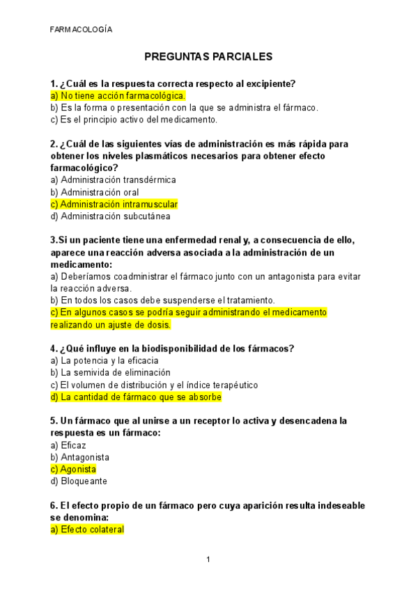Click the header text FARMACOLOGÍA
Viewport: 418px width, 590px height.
(81, 29)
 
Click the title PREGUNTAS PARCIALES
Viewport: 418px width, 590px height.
(208, 56)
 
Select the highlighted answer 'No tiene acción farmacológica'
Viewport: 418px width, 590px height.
(118, 96)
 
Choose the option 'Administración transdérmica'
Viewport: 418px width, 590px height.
(113, 180)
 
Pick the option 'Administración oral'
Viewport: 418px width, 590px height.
(94, 192)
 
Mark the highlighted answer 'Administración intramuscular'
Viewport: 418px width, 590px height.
(114, 205)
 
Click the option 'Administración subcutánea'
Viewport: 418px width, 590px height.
(110, 216)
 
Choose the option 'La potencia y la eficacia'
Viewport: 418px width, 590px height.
(104, 360)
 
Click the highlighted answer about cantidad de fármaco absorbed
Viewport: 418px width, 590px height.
(136, 397)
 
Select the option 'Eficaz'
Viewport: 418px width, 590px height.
(68, 445)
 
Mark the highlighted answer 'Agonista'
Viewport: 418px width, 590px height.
(73, 470)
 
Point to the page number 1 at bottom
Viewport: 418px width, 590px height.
(208, 559)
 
